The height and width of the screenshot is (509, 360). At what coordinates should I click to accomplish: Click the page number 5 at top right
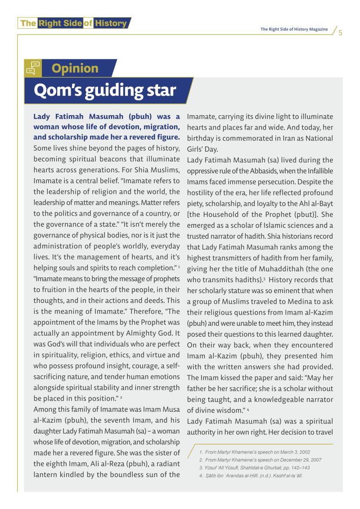tap(340, 32)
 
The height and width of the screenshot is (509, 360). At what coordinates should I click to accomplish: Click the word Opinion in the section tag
tap(75, 68)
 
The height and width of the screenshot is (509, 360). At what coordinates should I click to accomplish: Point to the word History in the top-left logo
tap(110, 23)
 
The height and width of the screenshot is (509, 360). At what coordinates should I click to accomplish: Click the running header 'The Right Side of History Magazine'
tap(294, 29)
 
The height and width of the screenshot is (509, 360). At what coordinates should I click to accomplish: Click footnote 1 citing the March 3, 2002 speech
tap(254, 452)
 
